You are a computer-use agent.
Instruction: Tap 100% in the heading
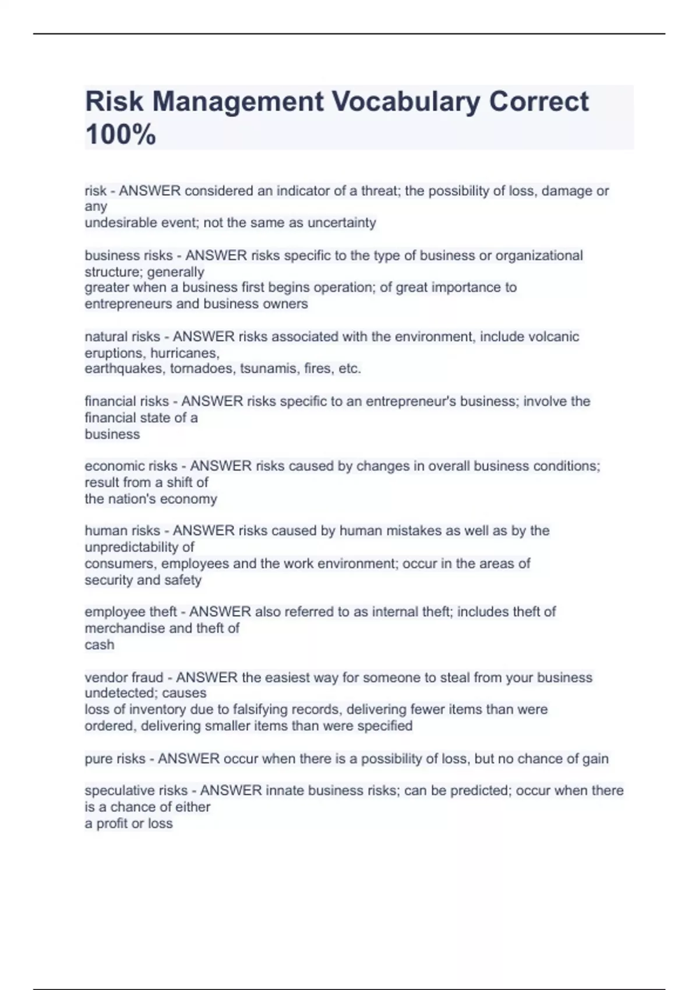pyautogui.click(x=121, y=135)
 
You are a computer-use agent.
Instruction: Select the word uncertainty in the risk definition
pyautogui.click(x=342, y=222)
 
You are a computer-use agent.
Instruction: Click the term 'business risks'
pyautogui.click(x=129, y=256)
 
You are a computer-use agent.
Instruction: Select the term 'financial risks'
pyautogui.click(x=126, y=401)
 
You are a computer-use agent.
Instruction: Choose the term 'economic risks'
pyautogui.click(x=131, y=466)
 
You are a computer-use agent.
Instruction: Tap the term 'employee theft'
pyautogui.click(x=130, y=611)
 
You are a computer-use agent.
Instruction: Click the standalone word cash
pyautogui.click(x=100, y=645)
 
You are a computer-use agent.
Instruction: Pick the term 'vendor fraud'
pyautogui.click(x=124, y=677)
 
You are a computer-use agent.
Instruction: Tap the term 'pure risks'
pyautogui.click(x=115, y=759)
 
